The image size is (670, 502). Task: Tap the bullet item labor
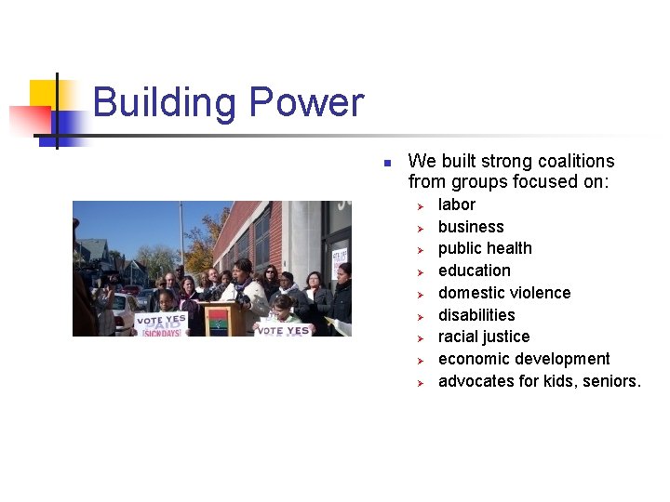pos(456,205)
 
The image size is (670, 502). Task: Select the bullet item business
pos(470,227)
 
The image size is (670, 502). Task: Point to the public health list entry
pos(485,248)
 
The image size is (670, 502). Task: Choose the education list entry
pos(474,271)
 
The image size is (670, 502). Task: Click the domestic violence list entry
pos(503,293)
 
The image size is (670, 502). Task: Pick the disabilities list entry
pos(476,315)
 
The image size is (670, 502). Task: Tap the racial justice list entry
pos(483,337)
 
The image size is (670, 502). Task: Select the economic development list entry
pos(523,359)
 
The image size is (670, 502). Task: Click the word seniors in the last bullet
pos(610,381)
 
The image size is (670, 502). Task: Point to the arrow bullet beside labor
pos(420,205)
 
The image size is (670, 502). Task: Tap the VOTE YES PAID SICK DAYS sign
pos(160,323)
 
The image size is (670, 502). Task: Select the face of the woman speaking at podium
pos(243,271)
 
